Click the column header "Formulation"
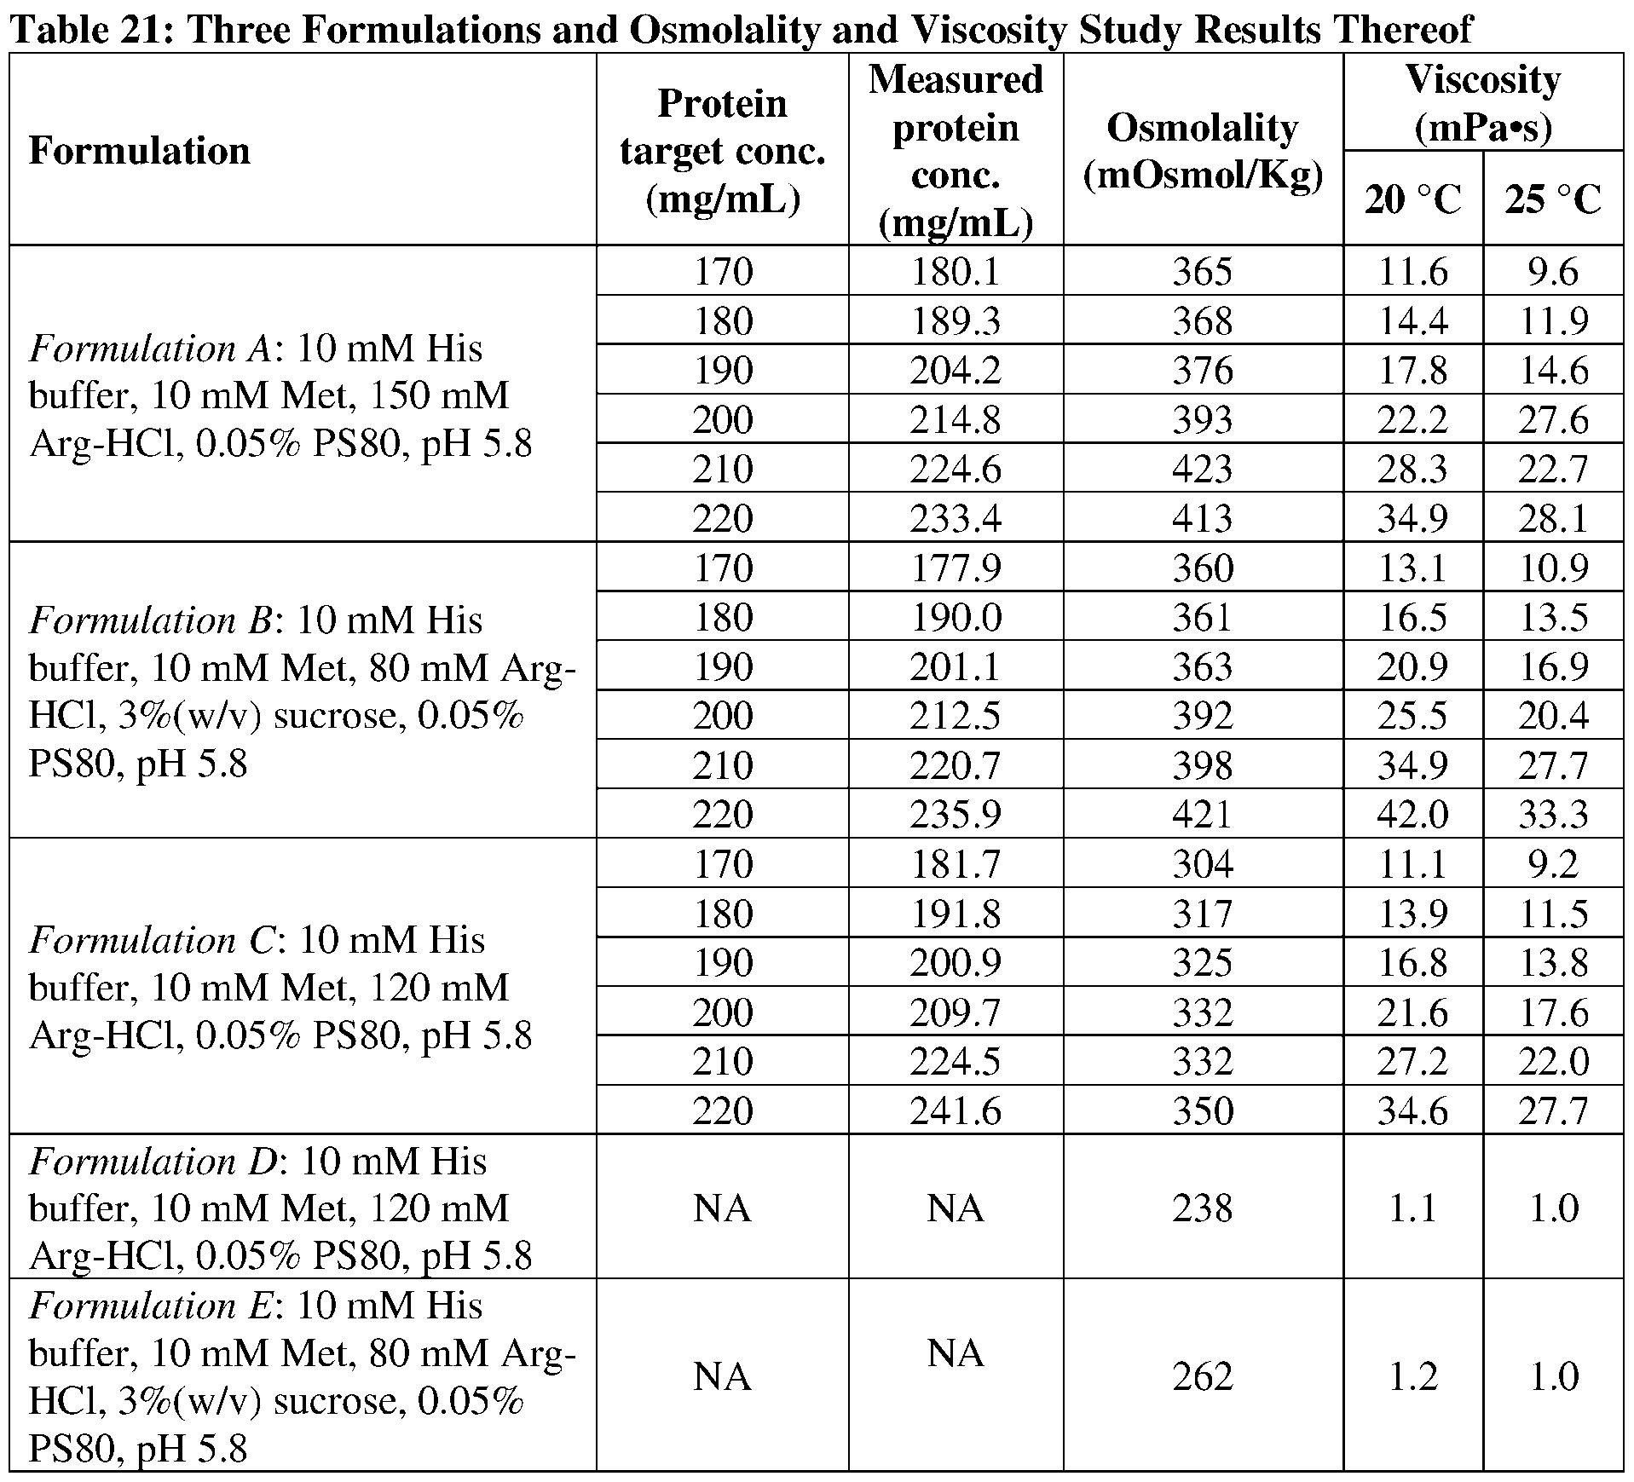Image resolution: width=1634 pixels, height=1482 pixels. click(140, 151)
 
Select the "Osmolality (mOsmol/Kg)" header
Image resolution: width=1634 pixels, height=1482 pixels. click(1202, 151)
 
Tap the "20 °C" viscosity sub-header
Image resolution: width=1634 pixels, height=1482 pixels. click(1412, 199)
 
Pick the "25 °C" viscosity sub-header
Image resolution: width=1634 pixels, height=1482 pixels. click(1552, 199)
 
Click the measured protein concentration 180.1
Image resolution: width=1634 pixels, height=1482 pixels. click(955, 272)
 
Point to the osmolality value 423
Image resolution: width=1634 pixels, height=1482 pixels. click(1202, 469)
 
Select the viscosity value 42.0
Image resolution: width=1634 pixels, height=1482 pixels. click(1412, 814)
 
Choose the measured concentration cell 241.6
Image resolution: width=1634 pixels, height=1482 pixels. click(955, 1110)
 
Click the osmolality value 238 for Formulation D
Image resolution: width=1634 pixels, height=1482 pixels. click(1202, 1208)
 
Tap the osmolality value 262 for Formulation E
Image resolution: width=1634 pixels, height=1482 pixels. click(1202, 1376)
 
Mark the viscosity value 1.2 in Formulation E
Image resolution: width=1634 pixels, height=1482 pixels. click(1412, 1376)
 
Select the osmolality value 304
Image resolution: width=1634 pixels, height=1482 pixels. click(1202, 864)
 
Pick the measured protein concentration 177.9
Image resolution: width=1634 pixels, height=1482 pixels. click(955, 568)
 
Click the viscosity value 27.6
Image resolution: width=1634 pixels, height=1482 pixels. click(1552, 420)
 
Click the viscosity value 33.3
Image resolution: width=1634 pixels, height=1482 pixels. click(1552, 814)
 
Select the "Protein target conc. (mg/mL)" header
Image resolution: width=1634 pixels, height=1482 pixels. click(722, 151)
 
